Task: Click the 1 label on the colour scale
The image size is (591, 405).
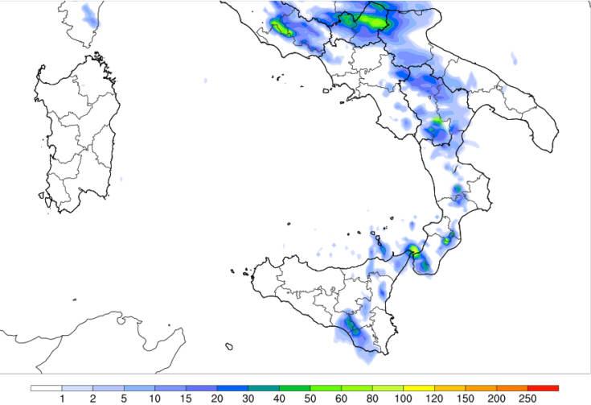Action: coord(62,398)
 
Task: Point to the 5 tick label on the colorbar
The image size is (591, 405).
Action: coord(124,398)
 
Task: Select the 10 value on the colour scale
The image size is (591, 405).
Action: coord(155,398)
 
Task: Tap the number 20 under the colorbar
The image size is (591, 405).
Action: coord(217,398)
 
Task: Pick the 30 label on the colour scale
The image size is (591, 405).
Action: coord(248,398)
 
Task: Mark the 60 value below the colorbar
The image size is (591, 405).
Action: coord(341,398)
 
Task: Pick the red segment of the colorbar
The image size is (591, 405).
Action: coord(543,388)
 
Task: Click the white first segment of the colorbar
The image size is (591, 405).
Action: coord(47,388)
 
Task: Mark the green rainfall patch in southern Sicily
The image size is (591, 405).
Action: coord(353,326)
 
